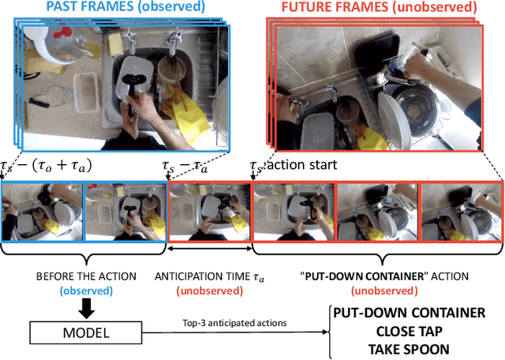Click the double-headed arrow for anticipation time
tap(208, 248)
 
